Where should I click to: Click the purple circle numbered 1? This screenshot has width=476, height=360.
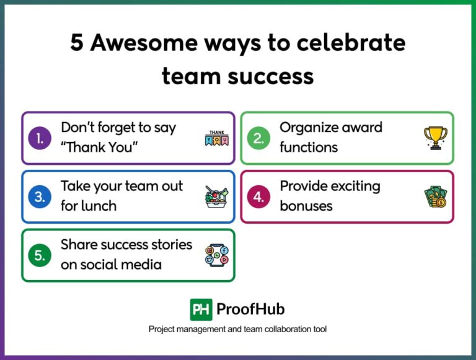(x=40, y=138)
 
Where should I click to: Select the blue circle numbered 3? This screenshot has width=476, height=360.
(x=40, y=197)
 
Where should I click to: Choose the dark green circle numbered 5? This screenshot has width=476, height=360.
(x=40, y=255)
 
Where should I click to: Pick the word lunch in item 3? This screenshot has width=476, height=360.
(x=97, y=206)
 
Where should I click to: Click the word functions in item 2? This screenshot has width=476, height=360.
(x=308, y=147)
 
